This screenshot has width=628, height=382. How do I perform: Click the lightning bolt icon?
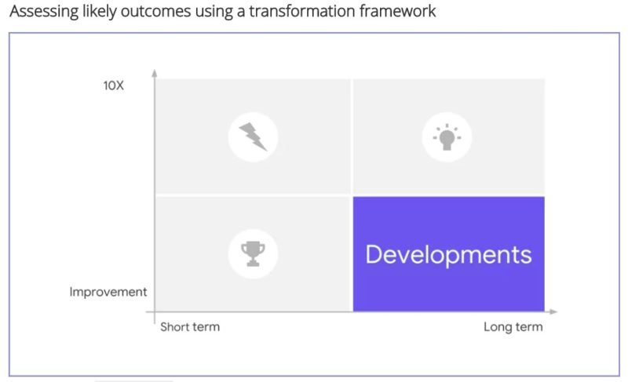coord(253,136)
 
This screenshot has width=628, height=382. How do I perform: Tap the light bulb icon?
coord(447,137)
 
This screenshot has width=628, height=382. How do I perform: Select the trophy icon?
coord(253,253)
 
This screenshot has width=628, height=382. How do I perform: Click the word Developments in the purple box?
coord(448,254)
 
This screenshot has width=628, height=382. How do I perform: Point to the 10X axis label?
coord(113,85)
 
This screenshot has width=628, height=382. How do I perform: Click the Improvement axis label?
coord(108,292)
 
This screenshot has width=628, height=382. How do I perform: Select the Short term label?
coord(190,327)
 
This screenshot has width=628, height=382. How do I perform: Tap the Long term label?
coord(513,327)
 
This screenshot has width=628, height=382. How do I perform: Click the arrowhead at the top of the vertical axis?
coord(154,73)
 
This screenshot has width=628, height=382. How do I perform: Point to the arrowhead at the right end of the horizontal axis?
coord(553,311)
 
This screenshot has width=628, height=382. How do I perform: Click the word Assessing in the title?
coord(44,12)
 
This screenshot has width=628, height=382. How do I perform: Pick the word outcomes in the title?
coord(155,11)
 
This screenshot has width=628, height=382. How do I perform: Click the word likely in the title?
coord(100,12)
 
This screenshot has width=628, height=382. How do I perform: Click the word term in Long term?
coord(529,327)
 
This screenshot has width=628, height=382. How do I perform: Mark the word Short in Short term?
coord(175,327)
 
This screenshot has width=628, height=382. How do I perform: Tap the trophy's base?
coord(253,264)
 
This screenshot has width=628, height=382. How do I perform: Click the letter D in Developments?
coord(374,254)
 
